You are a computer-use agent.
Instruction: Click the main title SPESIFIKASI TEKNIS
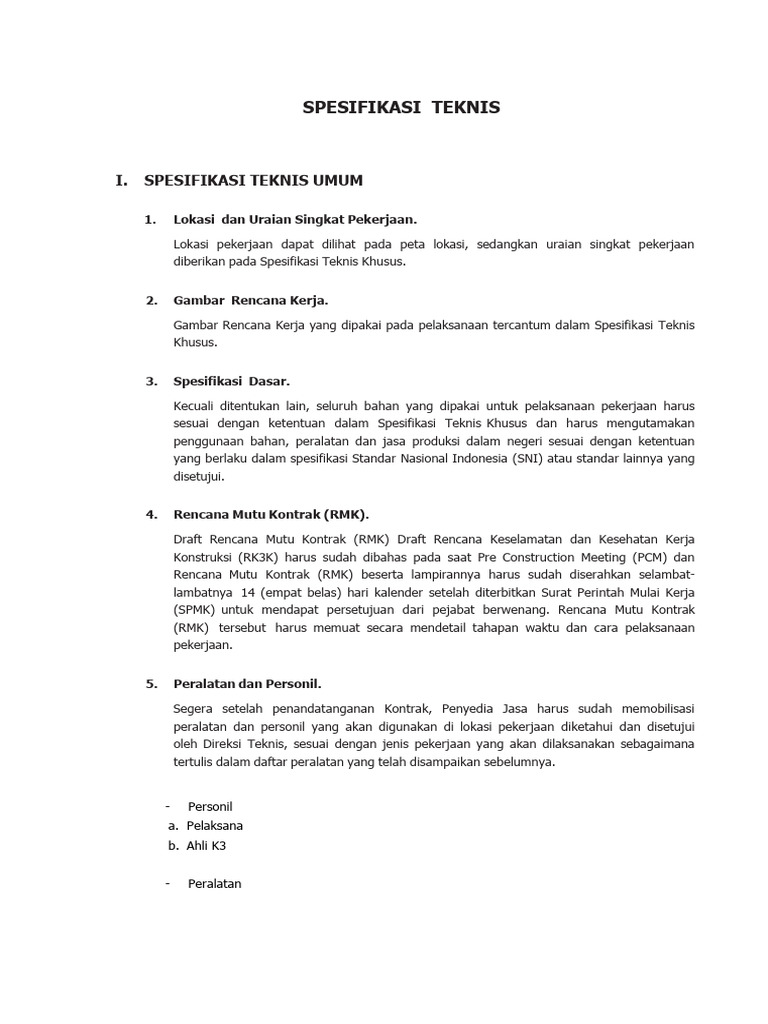[x=401, y=108]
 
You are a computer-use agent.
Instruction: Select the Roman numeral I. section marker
[x=122, y=181]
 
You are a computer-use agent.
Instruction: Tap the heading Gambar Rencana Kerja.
[x=251, y=300]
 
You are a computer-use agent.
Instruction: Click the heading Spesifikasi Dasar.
[x=231, y=381]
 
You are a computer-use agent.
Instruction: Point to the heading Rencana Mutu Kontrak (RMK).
[x=271, y=515]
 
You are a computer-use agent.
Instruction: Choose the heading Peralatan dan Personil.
[x=247, y=684]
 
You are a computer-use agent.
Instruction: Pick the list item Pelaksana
[x=214, y=826]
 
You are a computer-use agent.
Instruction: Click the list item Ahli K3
[x=206, y=845]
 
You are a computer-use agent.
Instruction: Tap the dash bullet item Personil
[x=210, y=806]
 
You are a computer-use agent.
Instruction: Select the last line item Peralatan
[x=214, y=884]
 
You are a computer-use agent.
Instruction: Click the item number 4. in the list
[x=151, y=515]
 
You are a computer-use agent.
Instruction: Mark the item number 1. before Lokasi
[x=151, y=219]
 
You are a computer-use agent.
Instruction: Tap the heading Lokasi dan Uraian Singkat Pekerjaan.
[x=294, y=219]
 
